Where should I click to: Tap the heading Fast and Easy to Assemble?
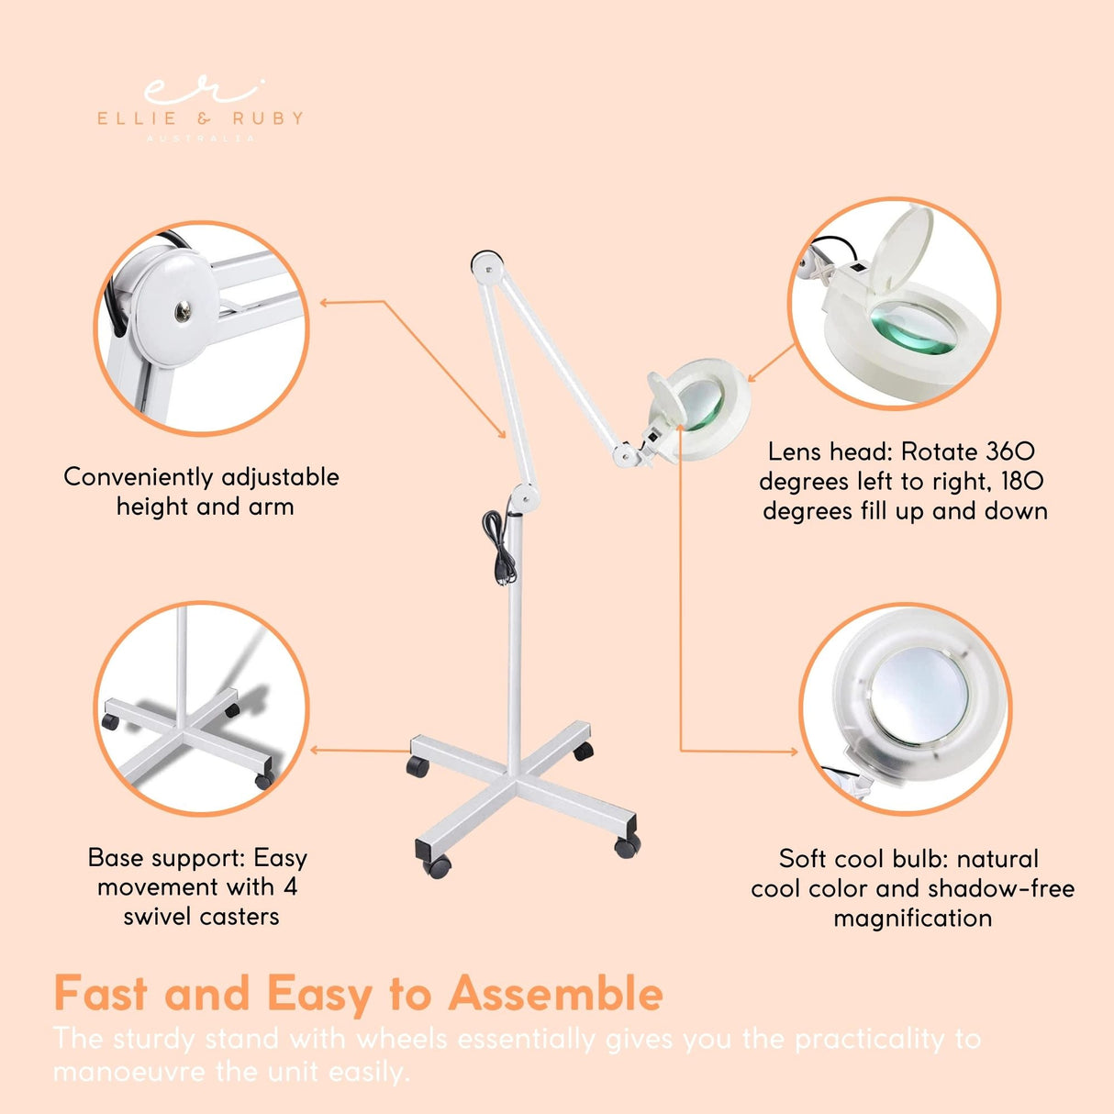click(x=358, y=994)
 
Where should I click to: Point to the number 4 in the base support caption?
click(x=290, y=886)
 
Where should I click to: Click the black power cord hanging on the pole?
click(x=499, y=547)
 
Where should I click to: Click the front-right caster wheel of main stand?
click(x=628, y=846)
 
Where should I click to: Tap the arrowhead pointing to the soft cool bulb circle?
click(x=793, y=752)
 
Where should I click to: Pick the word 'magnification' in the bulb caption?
click(x=912, y=918)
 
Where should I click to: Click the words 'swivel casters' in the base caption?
click(x=201, y=916)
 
